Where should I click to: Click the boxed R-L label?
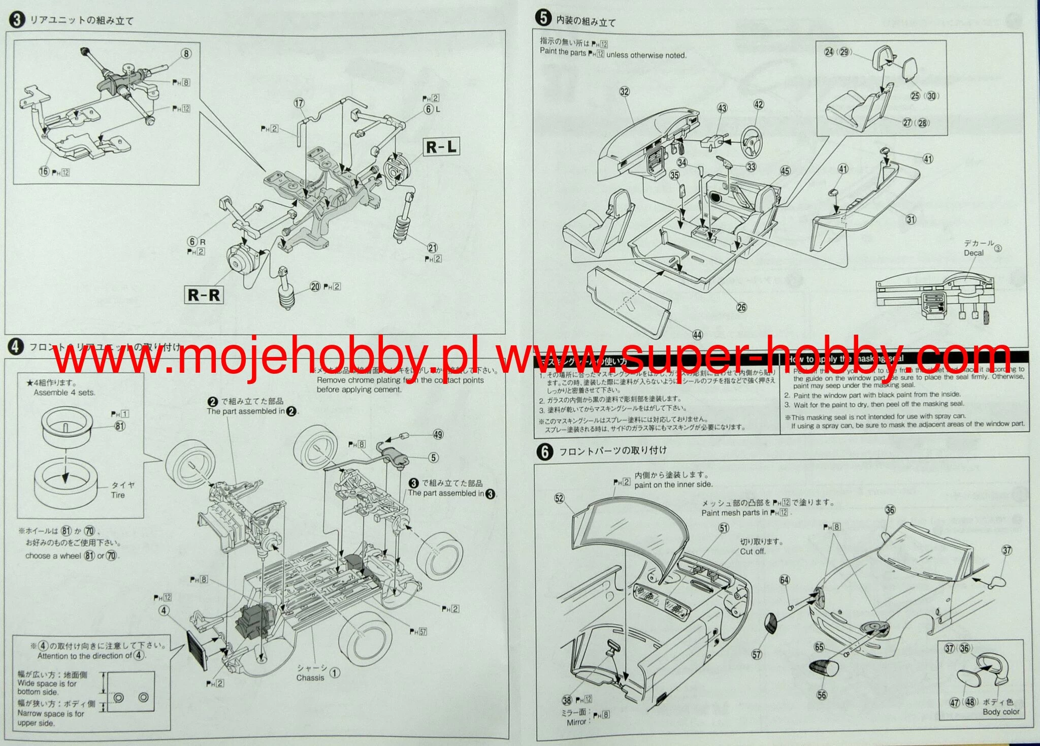pyautogui.click(x=441, y=147)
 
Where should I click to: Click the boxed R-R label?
pyautogui.click(x=204, y=295)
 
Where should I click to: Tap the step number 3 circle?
pyautogui.click(x=17, y=20)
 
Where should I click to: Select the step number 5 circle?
pyautogui.click(x=543, y=18)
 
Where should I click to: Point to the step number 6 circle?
pyautogui.click(x=545, y=451)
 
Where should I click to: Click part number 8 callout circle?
pyautogui.click(x=186, y=53)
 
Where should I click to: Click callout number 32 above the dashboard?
pyautogui.click(x=625, y=91)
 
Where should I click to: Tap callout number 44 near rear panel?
pyautogui.click(x=698, y=335)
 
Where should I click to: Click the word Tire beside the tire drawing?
pyautogui.click(x=118, y=495)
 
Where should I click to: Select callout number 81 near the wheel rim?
pyautogui.click(x=120, y=426)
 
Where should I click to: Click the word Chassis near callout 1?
pyautogui.click(x=310, y=677)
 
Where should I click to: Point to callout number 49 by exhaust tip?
pyautogui.click(x=438, y=434)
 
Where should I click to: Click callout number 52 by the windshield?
pyautogui.click(x=559, y=498)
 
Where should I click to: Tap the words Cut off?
pyautogui.click(x=752, y=552)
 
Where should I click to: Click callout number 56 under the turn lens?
pyautogui.click(x=822, y=695)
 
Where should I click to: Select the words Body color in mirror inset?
pyautogui.click(x=1001, y=711)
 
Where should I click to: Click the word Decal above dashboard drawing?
pyautogui.click(x=973, y=253)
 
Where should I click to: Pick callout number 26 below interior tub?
pyautogui.click(x=742, y=307)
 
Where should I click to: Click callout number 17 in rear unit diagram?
pyautogui.click(x=299, y=103)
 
